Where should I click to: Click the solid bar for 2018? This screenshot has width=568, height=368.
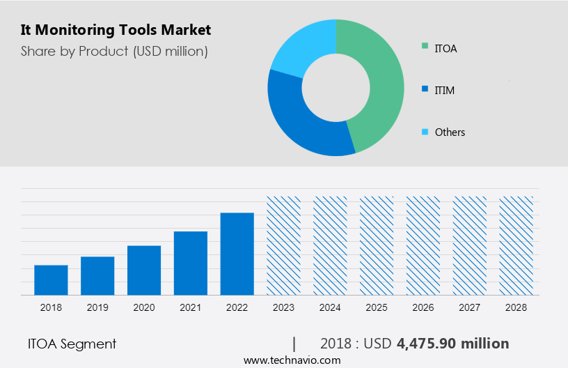coord(51,280)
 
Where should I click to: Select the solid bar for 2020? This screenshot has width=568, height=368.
coord(144,270)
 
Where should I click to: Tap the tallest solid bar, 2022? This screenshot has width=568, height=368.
coord(237,254)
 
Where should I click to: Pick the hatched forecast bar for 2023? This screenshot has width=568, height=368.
coord(284,245)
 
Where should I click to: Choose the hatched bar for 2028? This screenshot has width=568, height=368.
coord(516,245)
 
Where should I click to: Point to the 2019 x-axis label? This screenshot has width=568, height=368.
coord(97,307)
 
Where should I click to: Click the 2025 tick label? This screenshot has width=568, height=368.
coord(377,307)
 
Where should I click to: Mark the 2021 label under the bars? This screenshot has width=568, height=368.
coord(191,307)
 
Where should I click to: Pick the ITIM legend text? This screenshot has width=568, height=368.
coord(444,90)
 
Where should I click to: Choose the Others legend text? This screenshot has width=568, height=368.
coord(450,132)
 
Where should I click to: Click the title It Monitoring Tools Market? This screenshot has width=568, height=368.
coord(116,30)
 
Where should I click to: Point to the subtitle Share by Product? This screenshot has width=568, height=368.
coord(114,51)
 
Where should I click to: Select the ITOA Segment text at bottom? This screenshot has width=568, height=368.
coord(72,344)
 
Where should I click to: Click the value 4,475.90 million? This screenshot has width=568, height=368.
coord(452,344)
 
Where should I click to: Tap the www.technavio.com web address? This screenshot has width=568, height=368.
coord(292,360)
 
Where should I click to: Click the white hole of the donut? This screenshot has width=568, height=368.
coord(336,87)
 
